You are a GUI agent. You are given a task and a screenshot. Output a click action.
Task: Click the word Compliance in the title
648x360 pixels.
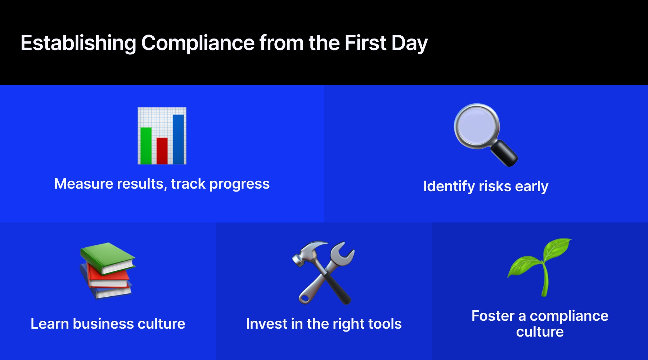coord(198,43)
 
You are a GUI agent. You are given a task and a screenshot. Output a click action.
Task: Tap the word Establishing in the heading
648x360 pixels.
coord(78,43)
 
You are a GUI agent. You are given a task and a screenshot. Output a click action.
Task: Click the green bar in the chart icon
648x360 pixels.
coord(146,146)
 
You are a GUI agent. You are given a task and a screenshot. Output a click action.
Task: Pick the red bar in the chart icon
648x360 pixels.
coord(162,151)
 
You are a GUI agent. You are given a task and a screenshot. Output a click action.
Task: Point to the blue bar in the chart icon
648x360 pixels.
coord(178,139)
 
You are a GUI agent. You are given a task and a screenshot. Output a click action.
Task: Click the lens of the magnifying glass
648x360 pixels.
coord(476,126)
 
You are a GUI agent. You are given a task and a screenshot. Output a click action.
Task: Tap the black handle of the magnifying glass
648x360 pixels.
coord(504,153)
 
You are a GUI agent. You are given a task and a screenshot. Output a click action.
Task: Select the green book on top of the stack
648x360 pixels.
coord(108,258)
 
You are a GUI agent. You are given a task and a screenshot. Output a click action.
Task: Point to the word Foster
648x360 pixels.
coord(493,316)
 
